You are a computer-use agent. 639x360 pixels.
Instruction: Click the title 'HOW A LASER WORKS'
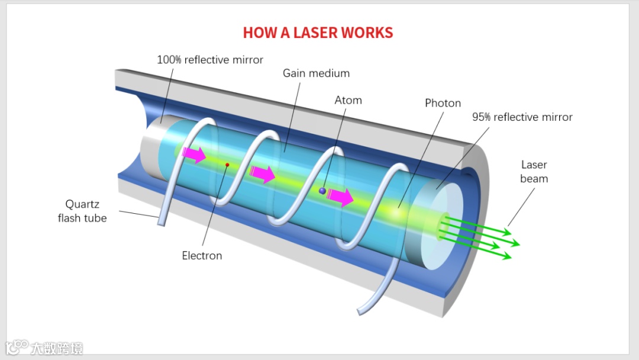tap(318, 33)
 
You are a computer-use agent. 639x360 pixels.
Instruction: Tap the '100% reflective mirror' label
tap(210, 60)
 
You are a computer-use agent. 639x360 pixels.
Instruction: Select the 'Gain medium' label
tap(316, 73)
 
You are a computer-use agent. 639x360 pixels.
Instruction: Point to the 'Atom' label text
tap(348, 100)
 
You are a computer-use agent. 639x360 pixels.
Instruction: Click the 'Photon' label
tap(443, 103)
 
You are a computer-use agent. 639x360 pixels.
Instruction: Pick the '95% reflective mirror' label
tap(522, 117)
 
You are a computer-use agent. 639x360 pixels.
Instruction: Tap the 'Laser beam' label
tap(534, 172)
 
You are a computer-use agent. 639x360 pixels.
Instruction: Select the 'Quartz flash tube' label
tap(82, 211)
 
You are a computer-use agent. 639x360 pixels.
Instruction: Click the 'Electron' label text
tap(202, 256)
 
